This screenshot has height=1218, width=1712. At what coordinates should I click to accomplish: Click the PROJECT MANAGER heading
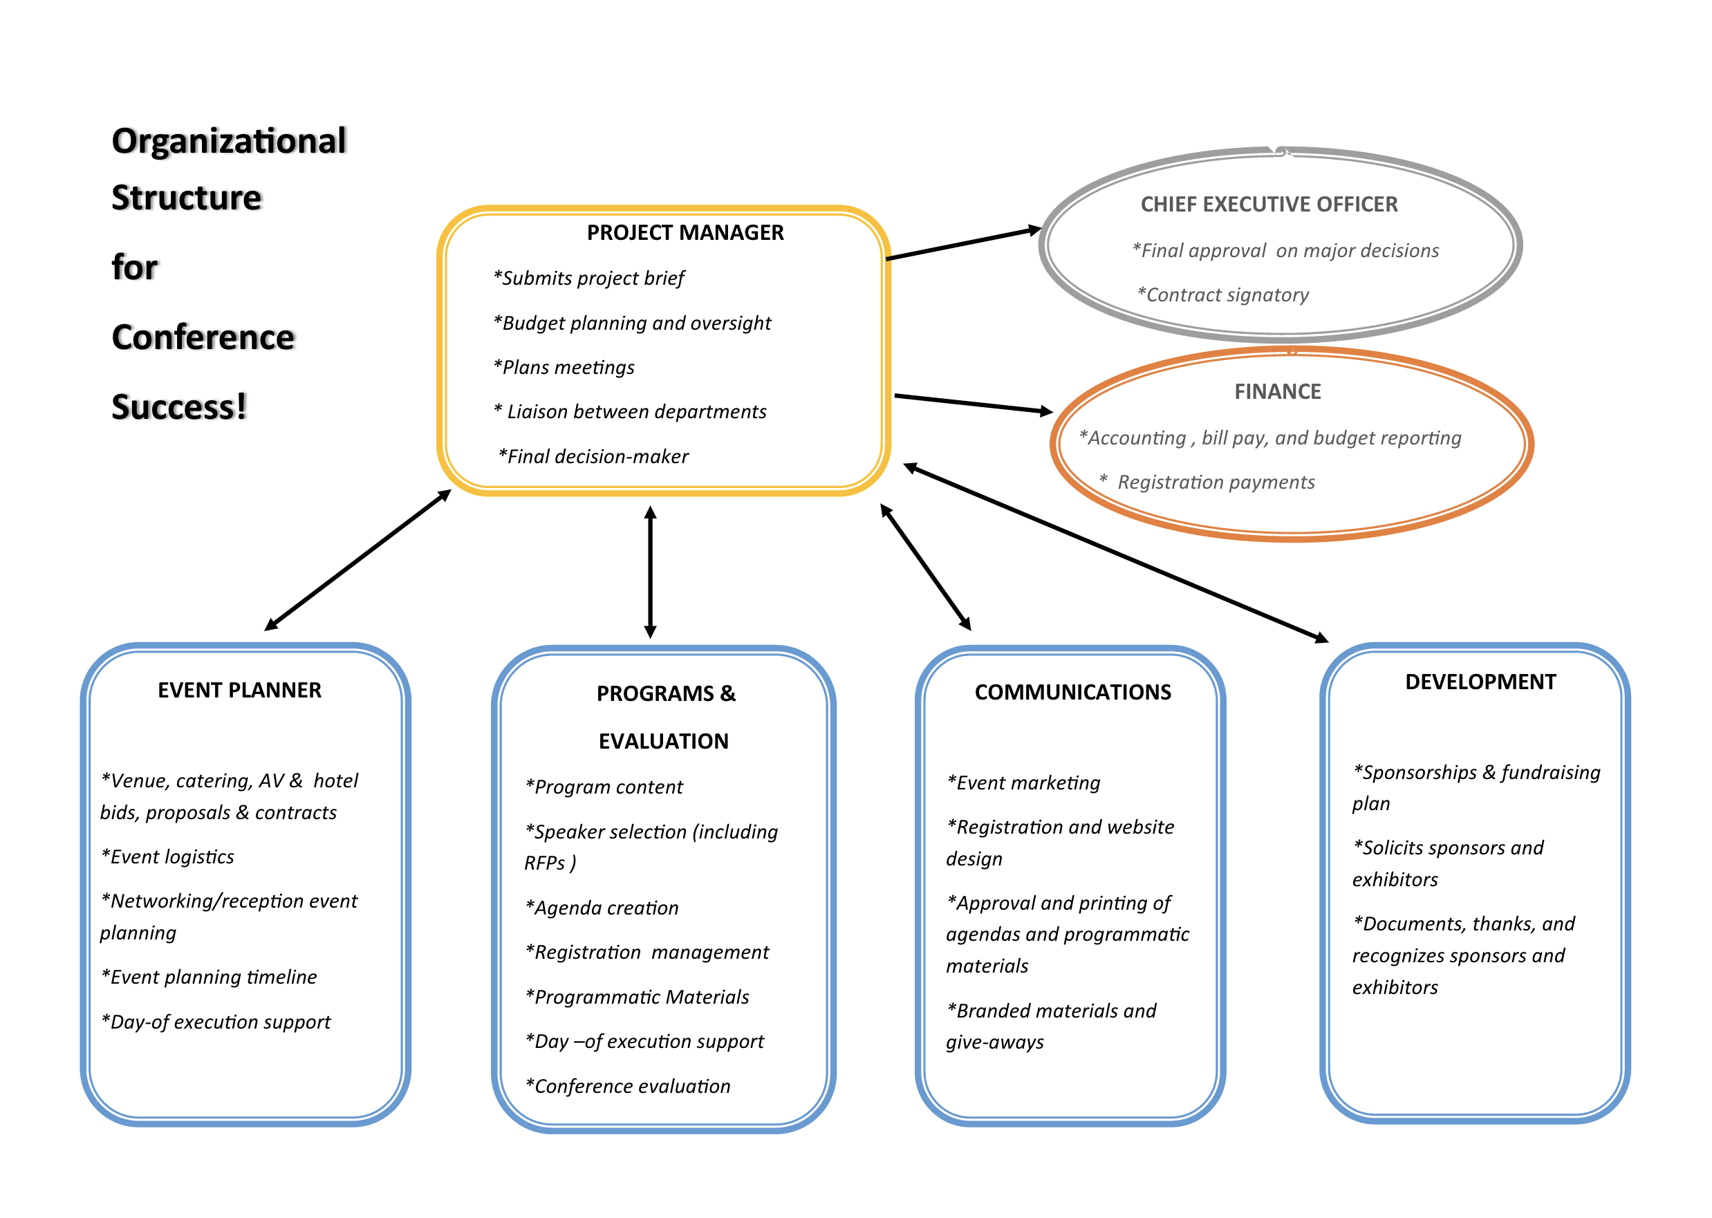(x=685, y=232)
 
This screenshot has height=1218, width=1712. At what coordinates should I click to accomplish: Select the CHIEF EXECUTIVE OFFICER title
(x=1268, y=204)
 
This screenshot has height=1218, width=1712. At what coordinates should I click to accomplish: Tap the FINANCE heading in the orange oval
(x=1277, y=391)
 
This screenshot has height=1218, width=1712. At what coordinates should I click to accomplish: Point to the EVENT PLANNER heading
(x=239, y=690)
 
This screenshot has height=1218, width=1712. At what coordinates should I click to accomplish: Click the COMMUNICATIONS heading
(x=1072, y=692)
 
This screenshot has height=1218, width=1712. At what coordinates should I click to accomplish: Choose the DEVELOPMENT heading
(x=1480, y=682)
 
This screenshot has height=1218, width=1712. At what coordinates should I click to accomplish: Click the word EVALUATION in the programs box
(x=663, y=741)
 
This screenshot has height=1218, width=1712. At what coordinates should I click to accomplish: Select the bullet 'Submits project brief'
(x=589, y=279)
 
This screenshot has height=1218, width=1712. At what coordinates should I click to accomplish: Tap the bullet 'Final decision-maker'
(x=593, y=456)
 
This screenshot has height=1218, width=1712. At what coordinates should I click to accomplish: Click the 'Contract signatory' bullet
(x=1223, y=294)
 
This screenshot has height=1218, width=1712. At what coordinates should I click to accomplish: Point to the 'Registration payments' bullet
(x=1215, y=482)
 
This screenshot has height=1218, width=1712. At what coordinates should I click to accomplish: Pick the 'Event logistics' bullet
(x=168, y=856)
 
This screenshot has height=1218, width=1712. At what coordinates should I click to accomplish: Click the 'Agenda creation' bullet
(x=602, y=908)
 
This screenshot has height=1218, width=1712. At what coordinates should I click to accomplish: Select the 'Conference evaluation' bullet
(x=628, y=1086)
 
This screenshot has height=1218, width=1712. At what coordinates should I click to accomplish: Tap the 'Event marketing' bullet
(x=1024, y=783)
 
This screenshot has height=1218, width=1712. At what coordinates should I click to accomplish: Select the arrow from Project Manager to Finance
(x=972, y=404)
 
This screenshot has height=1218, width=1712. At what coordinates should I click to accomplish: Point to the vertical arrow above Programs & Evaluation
(x=651, y=572)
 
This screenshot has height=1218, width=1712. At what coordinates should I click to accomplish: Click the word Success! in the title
(x=178, y=407)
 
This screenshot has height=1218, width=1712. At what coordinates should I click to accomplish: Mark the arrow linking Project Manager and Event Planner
(x=358, y=560)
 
